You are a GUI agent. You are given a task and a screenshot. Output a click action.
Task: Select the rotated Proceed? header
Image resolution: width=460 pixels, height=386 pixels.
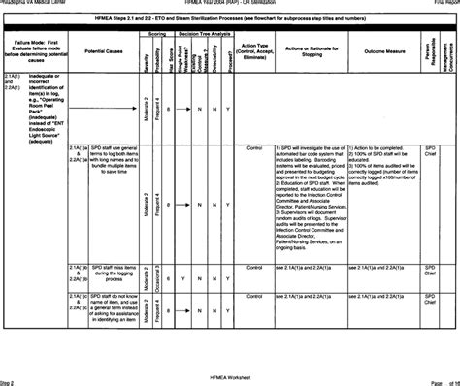coord(228,54)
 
